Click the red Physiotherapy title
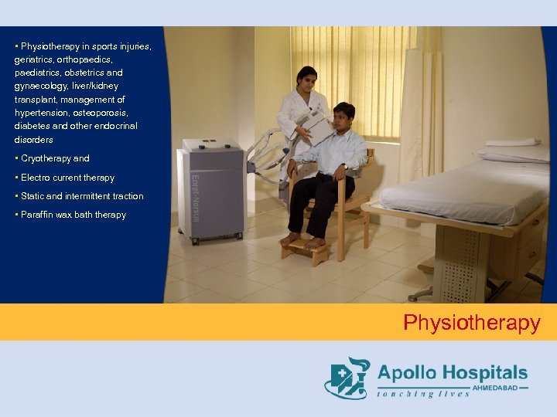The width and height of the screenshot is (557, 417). pyautogui.click(x=471, y=322)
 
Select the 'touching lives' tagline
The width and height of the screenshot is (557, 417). pyautogui.click(x=423, y=394)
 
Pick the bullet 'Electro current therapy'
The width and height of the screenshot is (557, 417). pyautogui.click(x=67, y=178)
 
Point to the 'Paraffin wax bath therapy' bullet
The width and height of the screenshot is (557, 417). pyautogui.click(x=73, y=215)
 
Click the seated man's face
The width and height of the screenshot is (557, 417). pyautogui.click(x=343, y=119)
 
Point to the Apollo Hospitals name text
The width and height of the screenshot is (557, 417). pyautogui.click(x=452, y=373)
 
